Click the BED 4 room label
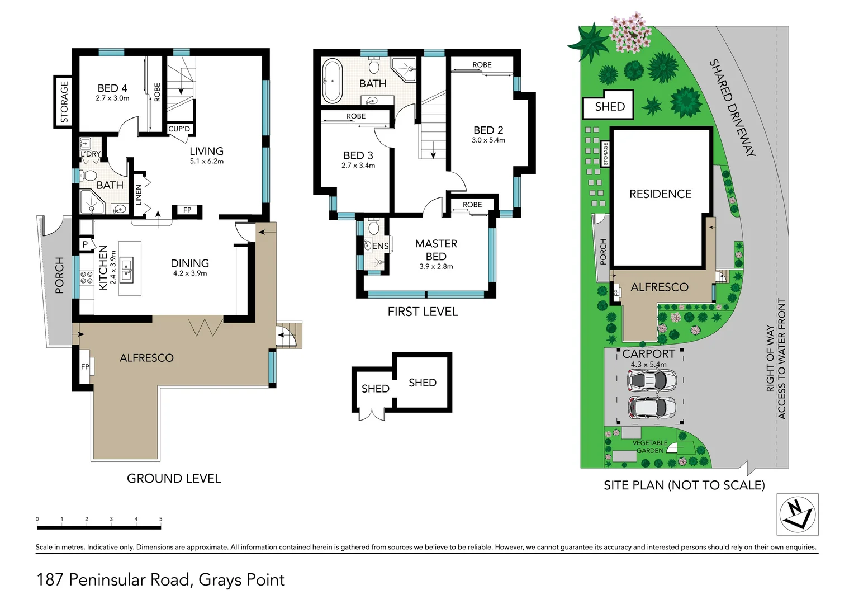(112, 88)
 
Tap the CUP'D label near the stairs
(179, 129)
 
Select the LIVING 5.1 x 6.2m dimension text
(207, 162)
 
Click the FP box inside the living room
(187, 210)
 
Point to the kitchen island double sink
(126, 270)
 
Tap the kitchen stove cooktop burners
(87, 277)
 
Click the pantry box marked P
(86, 244)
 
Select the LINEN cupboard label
(139, 195)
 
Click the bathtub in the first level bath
(332, 81)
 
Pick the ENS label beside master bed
(380, 247)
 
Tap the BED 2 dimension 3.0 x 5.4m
(488, 140)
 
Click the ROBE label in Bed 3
(355, 116)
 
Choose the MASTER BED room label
(436, 250)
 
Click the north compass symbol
(797, 514)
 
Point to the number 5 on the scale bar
(161, 519)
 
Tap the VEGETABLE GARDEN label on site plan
(650, 447)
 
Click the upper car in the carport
(652, 380)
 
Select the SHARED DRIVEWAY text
(732, 107)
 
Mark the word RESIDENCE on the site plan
(660, 194)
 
